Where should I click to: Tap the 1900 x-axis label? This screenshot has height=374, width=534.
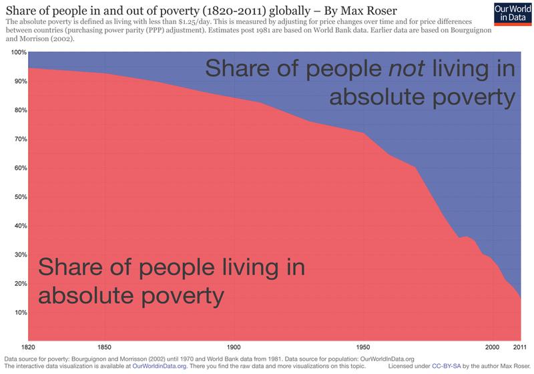point(234,348)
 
